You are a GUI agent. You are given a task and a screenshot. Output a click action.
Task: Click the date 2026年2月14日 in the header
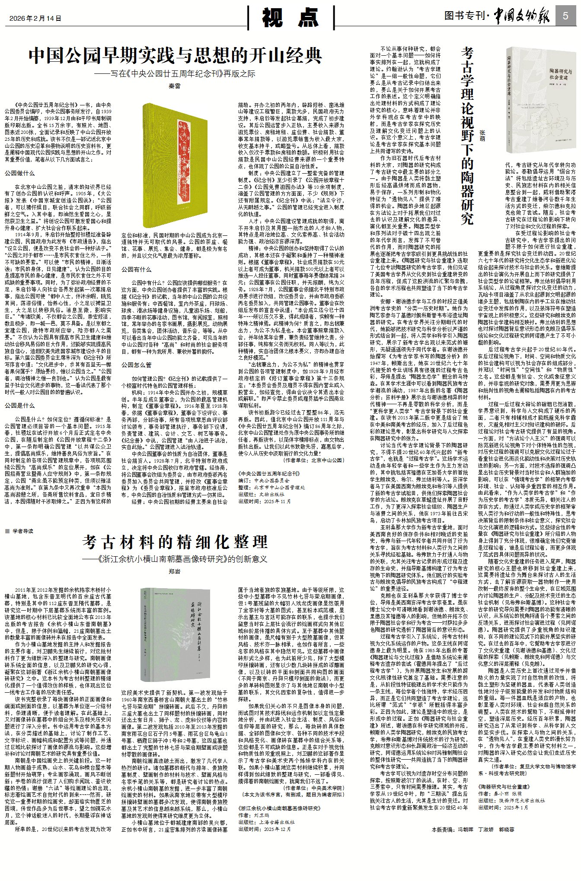[x=36, y=18]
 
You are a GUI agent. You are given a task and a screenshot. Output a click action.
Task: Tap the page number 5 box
[x=566, y=16]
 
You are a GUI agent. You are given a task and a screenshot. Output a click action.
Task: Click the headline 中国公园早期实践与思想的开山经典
[x=175, y=56]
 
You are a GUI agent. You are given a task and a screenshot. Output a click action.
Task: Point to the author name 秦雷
[x=174, y=86]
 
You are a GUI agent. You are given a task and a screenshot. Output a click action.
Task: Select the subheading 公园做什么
[x=20, y=173]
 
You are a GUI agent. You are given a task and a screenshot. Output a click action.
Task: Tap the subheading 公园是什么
[x=20, y=406]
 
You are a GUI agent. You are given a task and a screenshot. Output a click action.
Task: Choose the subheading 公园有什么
[x=137, y=269]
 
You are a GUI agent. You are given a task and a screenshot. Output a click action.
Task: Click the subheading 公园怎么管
[x=137, y=365]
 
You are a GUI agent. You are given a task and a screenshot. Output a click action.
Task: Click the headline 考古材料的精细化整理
[x=175, y=542]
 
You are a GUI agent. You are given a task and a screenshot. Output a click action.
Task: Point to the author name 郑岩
[x=174, y=571]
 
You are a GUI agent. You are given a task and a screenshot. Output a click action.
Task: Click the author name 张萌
[x=482, y=135]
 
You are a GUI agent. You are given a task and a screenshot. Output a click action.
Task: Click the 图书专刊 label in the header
[x=464, y=16]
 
